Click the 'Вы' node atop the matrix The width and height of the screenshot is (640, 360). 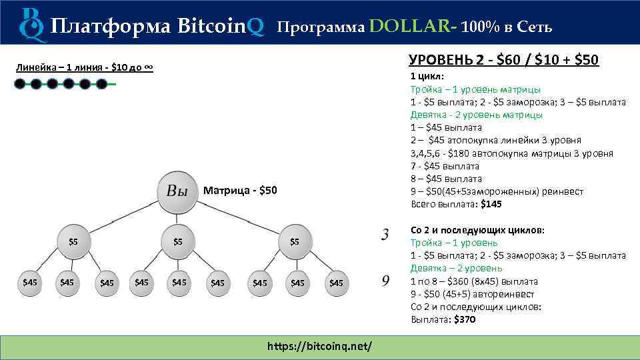pos(177,192)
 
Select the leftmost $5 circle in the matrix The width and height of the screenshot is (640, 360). pos(73,241)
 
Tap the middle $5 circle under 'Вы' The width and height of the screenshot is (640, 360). pos(178,241)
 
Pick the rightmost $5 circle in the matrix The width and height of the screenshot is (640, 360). pos(294,241)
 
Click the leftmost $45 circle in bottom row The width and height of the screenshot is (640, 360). pos(30,282)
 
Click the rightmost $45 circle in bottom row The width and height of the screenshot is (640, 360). pos(336,283)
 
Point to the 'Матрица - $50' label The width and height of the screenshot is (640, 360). pos(239,191)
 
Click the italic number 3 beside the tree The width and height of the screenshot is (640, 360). pos(385,235)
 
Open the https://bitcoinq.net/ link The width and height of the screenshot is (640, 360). pos(319,347)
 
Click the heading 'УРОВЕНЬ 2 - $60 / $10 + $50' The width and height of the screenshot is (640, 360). pos(503,60)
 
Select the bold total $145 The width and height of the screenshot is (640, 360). pos(491,204)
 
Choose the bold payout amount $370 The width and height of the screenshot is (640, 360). pos(465,320)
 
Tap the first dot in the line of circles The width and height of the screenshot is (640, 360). pos(20,84)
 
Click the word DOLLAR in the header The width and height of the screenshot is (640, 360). pos(409,26)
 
